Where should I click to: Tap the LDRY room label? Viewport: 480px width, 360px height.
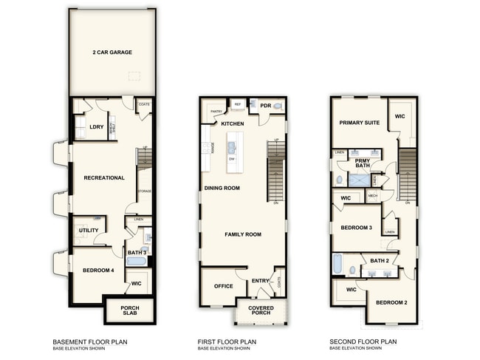pyautogui.click(x=97, y=127)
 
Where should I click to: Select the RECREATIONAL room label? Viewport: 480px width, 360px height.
pyautogui.click(x=104, y=178)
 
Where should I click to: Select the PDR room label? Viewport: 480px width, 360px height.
pyautogui.click(x=264, y=106)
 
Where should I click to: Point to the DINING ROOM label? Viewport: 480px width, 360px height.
pyautogui.click(x=222, y=189)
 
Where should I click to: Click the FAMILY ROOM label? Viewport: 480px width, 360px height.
pyautogui.click(x=243, y=234)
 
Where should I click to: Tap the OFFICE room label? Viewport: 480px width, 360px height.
pyautogui.click(x=223, y=286)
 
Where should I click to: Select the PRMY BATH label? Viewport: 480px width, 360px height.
pyautogui.click(x=363, y=163)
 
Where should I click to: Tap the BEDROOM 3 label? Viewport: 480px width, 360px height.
pyautogui.click(x=356, y=228)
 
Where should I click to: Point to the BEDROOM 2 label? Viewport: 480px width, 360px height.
pyautogui.click(x=391, y=303)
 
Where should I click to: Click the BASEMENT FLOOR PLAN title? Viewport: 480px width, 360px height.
pyautogui.click(x=89, y=342)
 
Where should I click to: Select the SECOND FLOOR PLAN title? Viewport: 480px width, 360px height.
pyautogui.click(x=363, y=342)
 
